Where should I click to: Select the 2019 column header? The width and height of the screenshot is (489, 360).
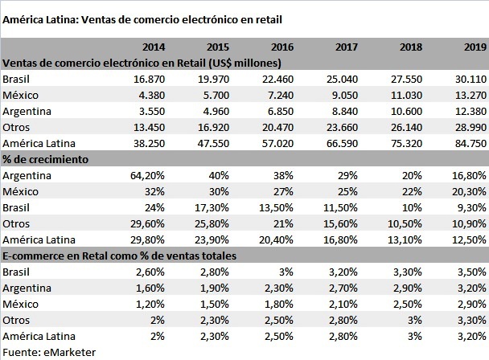click(473, 46)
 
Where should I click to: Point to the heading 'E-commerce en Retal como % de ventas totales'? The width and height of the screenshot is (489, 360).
click(125, 256)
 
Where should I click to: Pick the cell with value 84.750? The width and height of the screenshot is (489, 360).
click(471, 142)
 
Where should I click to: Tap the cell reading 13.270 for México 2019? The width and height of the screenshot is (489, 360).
click(471, 94)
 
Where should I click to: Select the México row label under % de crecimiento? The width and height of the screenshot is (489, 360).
click(20, 191)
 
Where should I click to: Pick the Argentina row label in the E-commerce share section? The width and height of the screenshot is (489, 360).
click(27, 288)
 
